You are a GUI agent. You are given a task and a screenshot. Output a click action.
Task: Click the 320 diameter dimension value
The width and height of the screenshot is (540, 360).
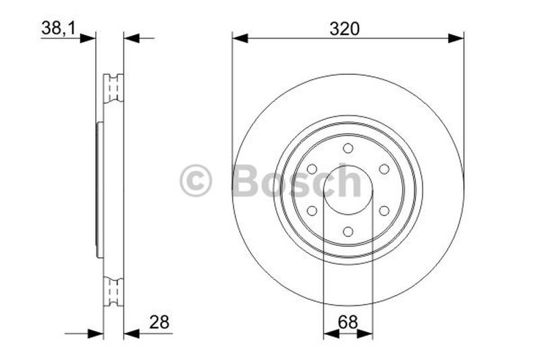(344, 28)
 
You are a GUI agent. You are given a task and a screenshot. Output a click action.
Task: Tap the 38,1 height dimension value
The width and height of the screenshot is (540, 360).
(58, 28)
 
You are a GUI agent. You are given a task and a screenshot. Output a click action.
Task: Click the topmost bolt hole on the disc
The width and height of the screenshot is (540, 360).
(348, 149)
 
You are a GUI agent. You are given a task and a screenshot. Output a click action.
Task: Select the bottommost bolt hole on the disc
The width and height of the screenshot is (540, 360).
(348, 231)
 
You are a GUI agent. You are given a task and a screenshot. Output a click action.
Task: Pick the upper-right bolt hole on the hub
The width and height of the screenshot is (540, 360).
(383, 169)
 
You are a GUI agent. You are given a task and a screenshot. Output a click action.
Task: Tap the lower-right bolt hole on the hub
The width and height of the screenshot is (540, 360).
(383, 211)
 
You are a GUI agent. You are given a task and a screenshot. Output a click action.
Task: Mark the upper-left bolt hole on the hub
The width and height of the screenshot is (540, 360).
(312, 169)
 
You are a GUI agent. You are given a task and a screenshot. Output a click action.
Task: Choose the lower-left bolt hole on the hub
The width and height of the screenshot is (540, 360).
(312, 211)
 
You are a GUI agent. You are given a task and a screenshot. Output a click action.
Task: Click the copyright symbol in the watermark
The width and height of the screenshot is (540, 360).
(196, 182)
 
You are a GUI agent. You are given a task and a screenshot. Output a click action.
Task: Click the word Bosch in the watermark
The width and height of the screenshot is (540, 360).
(297, 181)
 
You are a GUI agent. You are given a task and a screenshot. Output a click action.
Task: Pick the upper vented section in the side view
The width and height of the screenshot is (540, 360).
(113, 88)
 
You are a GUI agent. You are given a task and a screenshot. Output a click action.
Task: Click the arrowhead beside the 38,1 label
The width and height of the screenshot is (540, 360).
(88, 38)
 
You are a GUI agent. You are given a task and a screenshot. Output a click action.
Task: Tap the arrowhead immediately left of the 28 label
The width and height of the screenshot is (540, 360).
(132, 333)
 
